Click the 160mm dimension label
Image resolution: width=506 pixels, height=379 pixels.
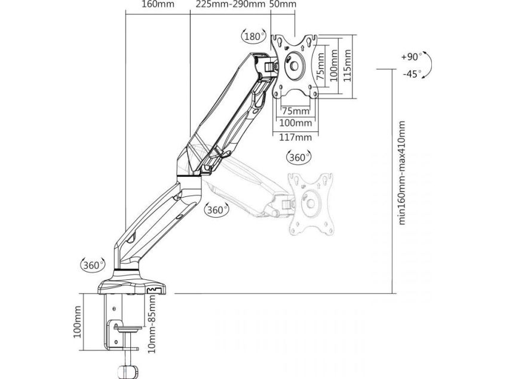click(x=158, y=4)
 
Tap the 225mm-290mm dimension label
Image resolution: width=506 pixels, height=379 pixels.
click(x=231, y=4)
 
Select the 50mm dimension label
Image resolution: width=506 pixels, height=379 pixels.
click(x=283, y=4)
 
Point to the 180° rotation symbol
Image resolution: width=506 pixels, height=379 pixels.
click(x=254, y=36)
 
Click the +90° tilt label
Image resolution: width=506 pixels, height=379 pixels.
click(x=412, y=57)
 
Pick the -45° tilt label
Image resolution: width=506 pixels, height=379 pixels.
click(x=412, y=74)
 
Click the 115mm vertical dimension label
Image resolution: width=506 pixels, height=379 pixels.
click(x=347, y=66)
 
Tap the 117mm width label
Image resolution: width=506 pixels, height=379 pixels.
click(x=296, y=137)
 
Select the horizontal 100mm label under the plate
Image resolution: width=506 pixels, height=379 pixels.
click(x=296, y=123)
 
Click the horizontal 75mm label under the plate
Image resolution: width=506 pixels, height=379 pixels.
click(x=296, y=111)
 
